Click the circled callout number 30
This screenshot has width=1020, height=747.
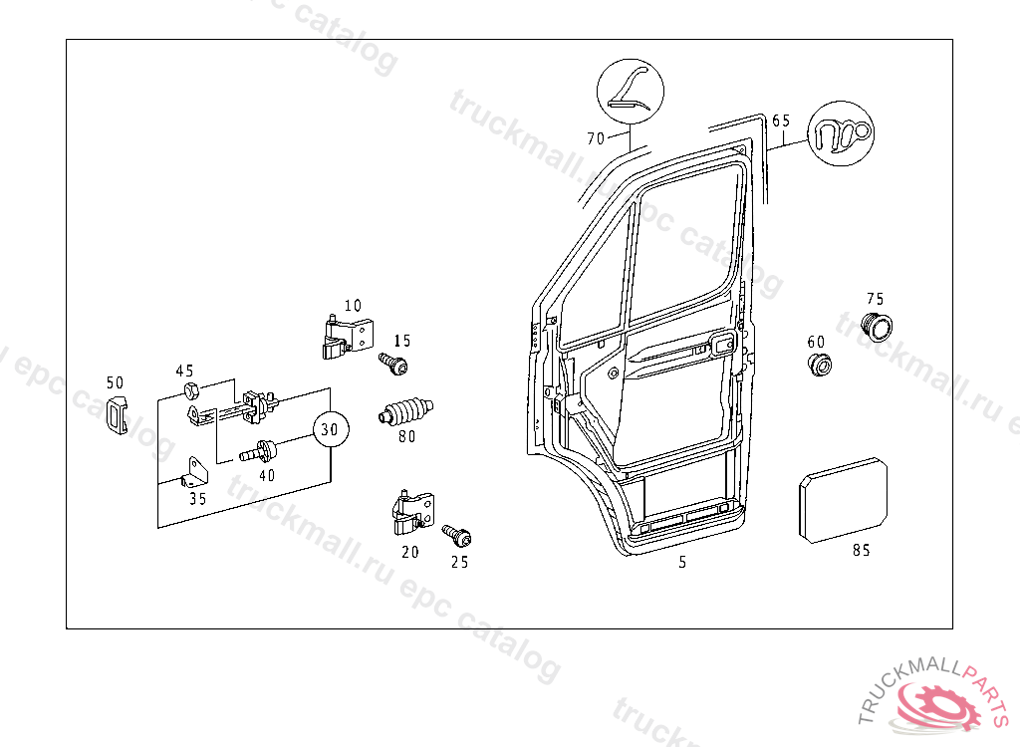tap(331, 430)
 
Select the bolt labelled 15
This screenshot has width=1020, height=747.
tap(393, 364)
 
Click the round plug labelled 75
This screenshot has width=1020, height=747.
tap(877, 326)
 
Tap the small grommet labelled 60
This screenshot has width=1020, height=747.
tap(819, 365)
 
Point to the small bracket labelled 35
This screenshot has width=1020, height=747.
tap(194, 471)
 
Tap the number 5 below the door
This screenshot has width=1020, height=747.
tap(682, 563)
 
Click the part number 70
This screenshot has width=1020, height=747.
tap(595, 138)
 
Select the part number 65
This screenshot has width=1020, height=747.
tap(781, 121)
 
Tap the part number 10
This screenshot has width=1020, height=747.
tap(353, 306)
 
